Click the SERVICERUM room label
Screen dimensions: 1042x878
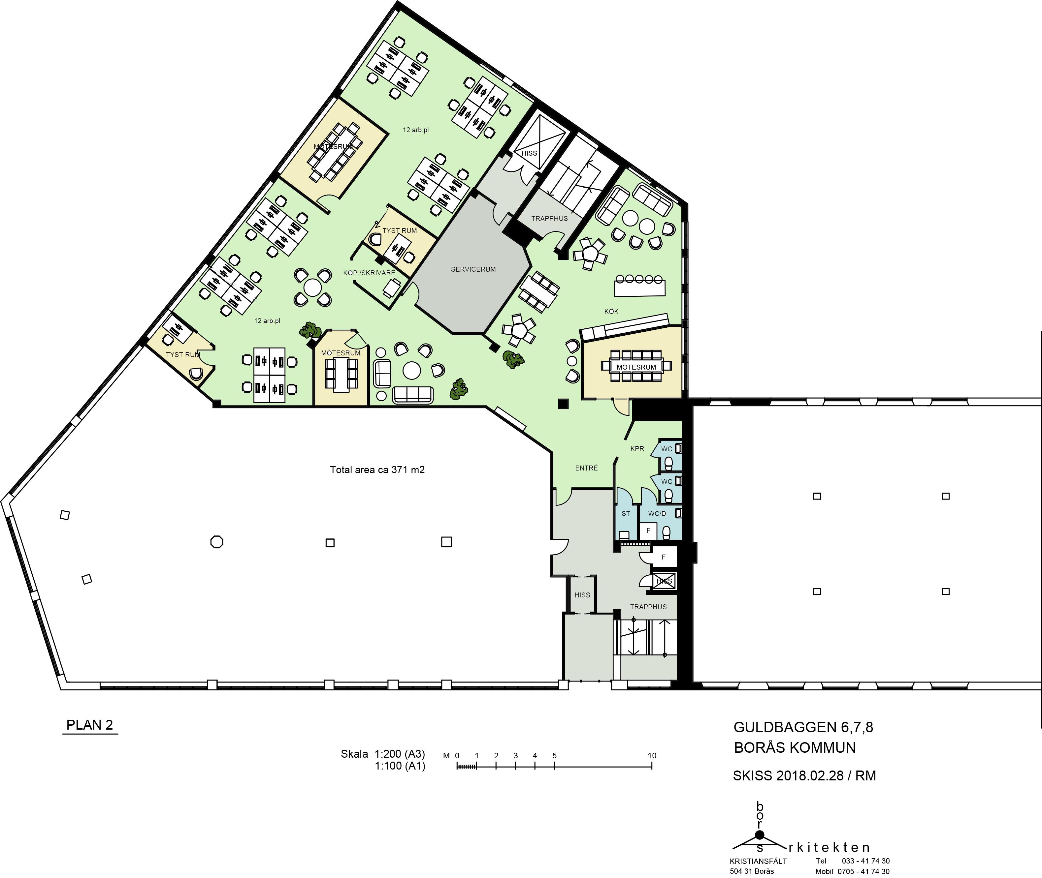pyautogui.click(x=473, y=269)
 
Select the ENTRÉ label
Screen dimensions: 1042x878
pyautogui.click(x=586, y=468)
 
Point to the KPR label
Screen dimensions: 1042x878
pyautogui.click(x=637, y=448)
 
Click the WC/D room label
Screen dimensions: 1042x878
pyautogui.click(x=657, y=513)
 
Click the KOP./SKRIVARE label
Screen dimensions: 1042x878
pyautogui.click(x=369, y=273)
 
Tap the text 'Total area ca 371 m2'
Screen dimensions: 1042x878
pyautogui.click(x=377, y=469)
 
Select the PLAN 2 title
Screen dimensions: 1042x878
pyautogui.click(x=90, y=725)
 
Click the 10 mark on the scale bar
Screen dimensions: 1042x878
pyautogui.click(x=652, y=756)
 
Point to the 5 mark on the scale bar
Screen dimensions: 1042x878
pyautogui.click(x=554, y=756)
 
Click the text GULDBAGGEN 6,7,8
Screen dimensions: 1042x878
pyautogui.click(x=803, y=728)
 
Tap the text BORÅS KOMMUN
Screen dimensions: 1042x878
pyautogui.click(x=795, y=747)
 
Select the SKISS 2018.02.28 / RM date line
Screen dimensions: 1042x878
pyautogui.click(x=804, y=775)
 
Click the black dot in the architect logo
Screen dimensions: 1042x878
pyautogui.click(x=759, y=835)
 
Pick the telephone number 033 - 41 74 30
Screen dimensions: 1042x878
pyautogui.click(x=866, y=861)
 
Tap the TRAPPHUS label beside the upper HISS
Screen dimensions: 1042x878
pyautogui.click(x=549, y=219)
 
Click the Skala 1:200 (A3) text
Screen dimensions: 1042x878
pyautogui.click(x=382, y=754)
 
